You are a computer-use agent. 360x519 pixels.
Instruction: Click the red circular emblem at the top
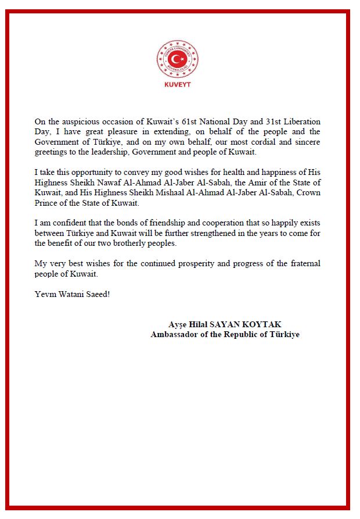(x=178, y=59)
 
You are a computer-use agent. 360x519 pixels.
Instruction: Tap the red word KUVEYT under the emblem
(x=178, y=84)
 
